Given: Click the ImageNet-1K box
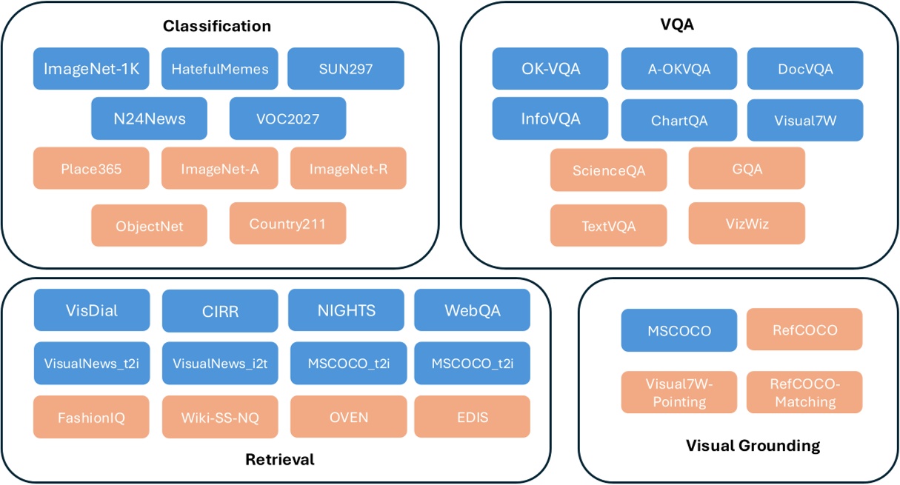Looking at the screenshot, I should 91,69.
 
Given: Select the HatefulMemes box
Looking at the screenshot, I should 219,69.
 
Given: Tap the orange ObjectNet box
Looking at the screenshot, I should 149,225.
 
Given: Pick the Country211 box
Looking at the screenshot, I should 287,224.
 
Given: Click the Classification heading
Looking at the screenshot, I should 217,27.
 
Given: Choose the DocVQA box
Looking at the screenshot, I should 805,69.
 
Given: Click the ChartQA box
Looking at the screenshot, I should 679,120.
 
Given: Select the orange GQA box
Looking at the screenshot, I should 747,169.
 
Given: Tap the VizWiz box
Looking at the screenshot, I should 747,223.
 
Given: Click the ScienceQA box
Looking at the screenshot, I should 609,170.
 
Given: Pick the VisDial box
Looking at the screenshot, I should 92,310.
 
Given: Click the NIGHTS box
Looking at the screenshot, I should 347,310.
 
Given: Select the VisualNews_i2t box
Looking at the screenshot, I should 220,363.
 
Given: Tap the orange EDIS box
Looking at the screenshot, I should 473,417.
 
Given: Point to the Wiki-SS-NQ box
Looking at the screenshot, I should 220,417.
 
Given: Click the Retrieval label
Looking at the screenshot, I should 279,460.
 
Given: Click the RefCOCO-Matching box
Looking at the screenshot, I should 805,392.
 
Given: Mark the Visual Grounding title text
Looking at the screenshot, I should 753,446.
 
